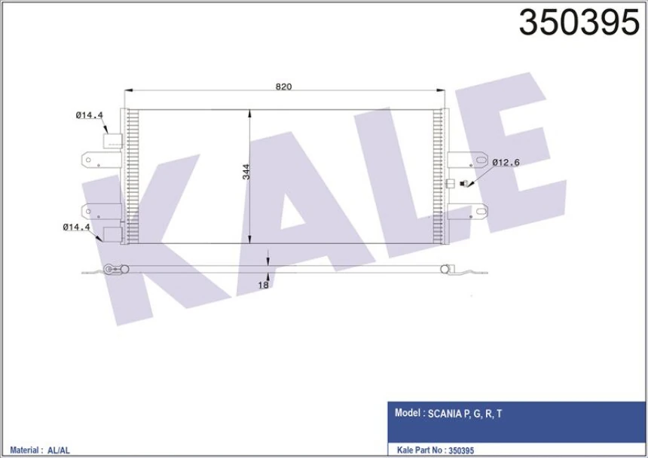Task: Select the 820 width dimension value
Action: tap(283, 87)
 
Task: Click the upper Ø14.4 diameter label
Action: tap(88, 115)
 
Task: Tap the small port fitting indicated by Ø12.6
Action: tap(465, 183)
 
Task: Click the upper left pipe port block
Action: tap(112, 142)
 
